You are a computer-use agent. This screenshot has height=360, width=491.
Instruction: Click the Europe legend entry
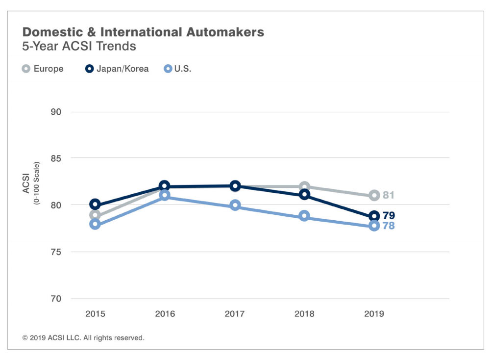(43, 69)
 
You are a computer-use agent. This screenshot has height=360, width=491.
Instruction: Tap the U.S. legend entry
(177, 69)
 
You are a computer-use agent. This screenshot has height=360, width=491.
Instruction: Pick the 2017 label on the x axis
(235, 314)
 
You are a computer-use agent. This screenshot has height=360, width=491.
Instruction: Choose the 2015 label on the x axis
(95, 314)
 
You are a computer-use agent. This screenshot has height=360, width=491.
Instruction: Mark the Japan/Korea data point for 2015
(95, 205)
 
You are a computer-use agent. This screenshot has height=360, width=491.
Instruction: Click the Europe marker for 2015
(95, 215)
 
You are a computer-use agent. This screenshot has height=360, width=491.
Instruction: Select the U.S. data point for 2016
(165, 196)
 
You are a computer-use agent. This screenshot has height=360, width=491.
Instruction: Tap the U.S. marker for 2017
(235, 206)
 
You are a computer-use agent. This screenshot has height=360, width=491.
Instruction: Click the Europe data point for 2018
(304, 186)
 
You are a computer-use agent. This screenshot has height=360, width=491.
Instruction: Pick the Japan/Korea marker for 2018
(304, 195)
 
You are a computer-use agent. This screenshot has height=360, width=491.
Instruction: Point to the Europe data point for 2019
(374, 195)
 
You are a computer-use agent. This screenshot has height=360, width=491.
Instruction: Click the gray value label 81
(389, 196)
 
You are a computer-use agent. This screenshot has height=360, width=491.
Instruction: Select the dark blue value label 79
(389, 216)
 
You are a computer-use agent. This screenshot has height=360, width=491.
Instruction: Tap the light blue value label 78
(389, 226)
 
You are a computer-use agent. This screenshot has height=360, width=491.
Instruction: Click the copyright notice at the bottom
(83, 338)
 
